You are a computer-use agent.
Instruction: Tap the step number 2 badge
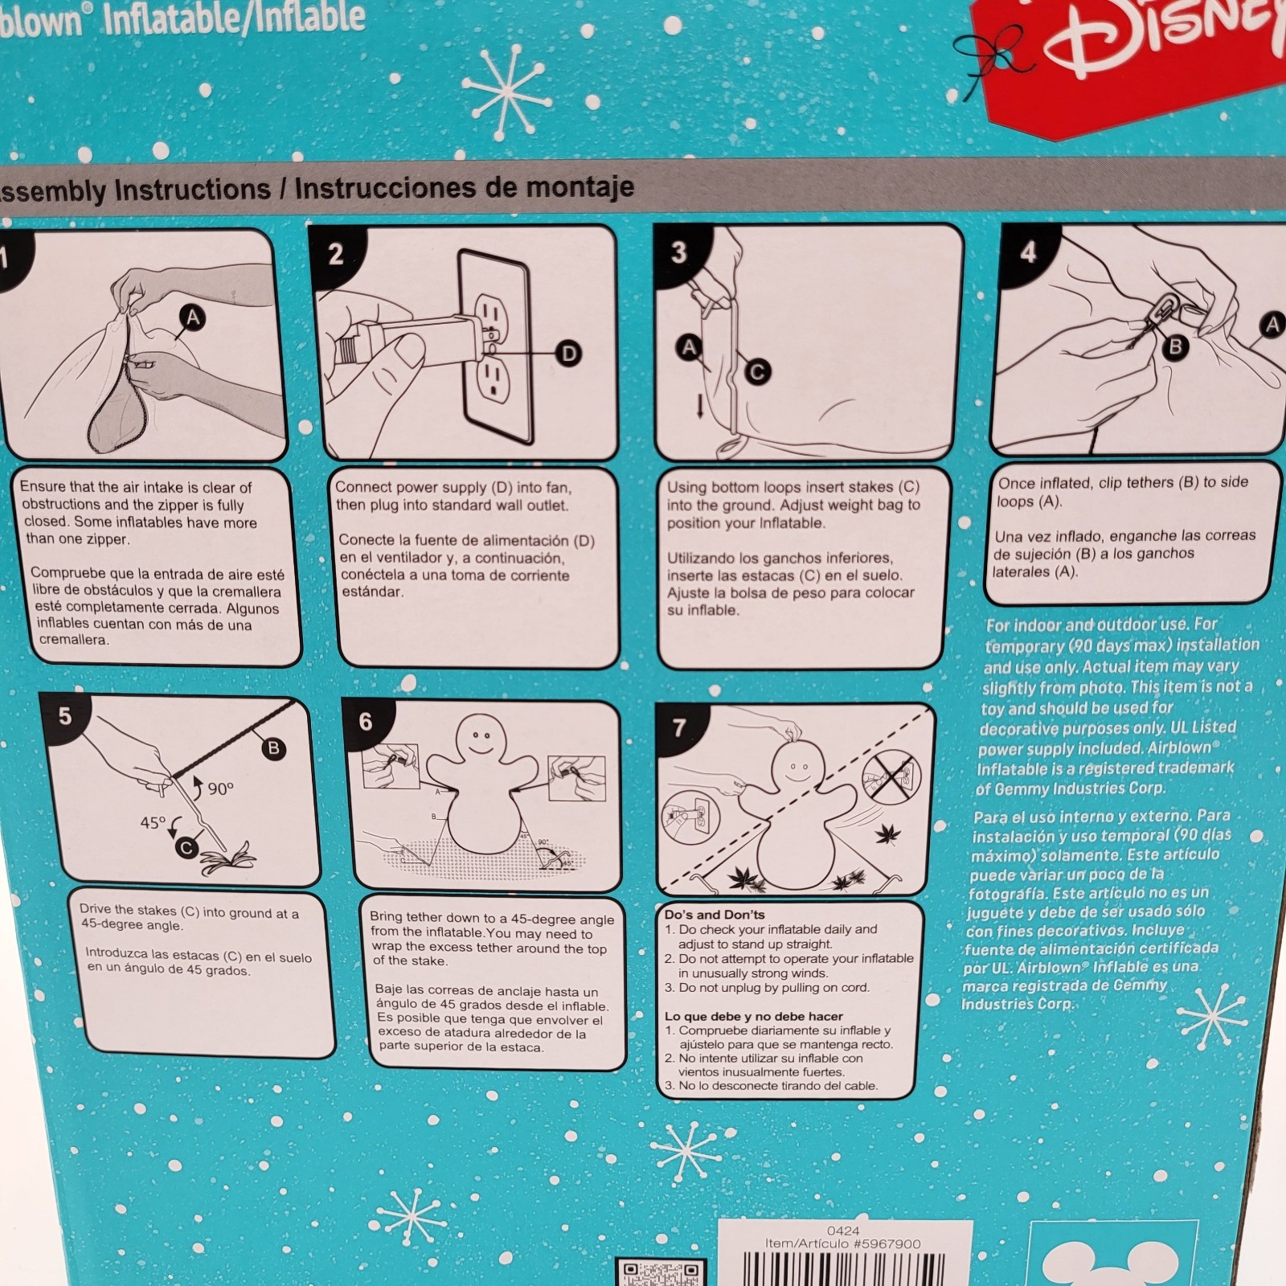click(x=336, y=255)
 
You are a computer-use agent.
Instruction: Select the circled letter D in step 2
click(x=568, y=353)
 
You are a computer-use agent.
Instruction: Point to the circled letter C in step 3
click(x=757, y=371)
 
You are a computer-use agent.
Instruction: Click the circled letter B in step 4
click(x=1176, y=347)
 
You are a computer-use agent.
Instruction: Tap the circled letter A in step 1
click(x=193, y=318)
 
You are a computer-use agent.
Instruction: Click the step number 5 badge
click(x=65, y=715)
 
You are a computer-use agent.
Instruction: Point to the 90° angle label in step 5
click(x=219, y=789)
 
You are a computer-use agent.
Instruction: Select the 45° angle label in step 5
click(x=154, y=822)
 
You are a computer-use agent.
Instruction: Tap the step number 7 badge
click(x=680, y=727)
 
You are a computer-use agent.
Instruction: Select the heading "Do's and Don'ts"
click(x=715, y=915)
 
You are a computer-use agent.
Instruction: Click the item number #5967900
click(x=887, y=1243)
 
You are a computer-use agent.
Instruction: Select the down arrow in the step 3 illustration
click(x=700, y=407)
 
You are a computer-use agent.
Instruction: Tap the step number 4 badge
click(x=1028, y=252)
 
